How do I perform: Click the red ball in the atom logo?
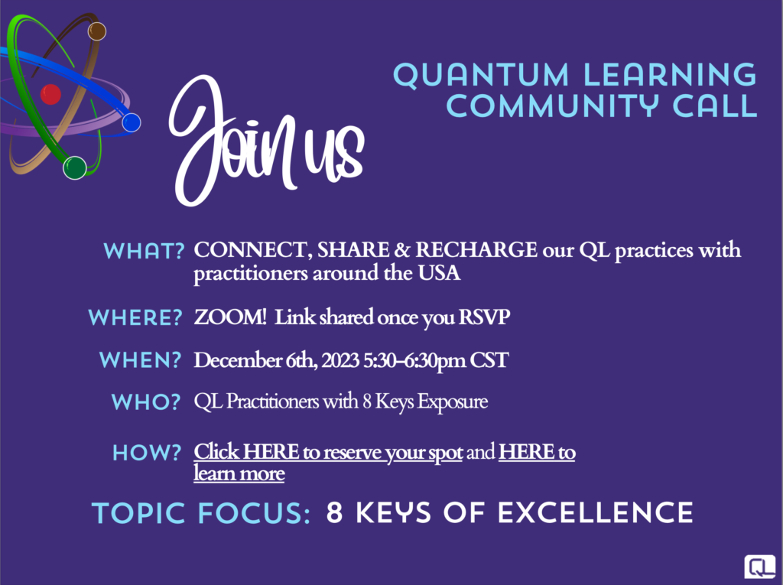(50, 94)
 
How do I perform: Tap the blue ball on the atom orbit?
(131, 122)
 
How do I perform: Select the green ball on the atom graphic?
(75, 167)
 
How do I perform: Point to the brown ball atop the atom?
(96, 31)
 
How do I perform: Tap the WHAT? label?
(145, 252)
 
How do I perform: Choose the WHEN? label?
(141, 360)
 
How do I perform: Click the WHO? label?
(146, 402)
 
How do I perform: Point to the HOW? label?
(147, 453)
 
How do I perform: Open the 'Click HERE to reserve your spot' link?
(328, 452)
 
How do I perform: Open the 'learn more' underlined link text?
(239, 473)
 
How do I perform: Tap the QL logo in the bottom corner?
(759, 566)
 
